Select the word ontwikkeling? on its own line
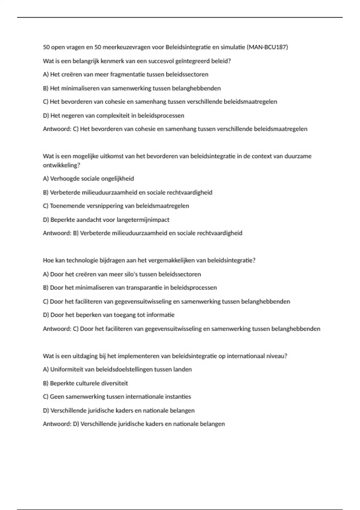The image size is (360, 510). pos(61,165)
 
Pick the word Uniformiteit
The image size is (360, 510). pos(67,369)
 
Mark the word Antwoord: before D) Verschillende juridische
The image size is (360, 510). pos(57,424)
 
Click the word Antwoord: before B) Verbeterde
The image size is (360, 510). pos(57,233)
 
